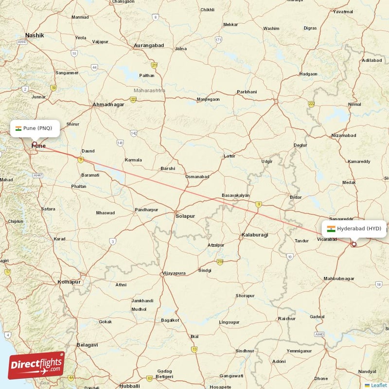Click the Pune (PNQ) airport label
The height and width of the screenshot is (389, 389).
point(35,128)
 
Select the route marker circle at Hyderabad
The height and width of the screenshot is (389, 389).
point(354,244)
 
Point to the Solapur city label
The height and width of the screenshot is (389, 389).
point(185,215)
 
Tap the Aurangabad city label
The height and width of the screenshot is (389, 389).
point(149,46)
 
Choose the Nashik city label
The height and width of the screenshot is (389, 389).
point(35,35)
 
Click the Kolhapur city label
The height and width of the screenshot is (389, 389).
point(69,282)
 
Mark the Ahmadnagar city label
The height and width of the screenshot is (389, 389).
point(108,105)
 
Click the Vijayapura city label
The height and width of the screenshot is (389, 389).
point(174,273)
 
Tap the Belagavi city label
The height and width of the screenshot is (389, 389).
point(87,345)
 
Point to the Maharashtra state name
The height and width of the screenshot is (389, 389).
point(149,90)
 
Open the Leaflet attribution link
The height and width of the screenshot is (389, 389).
point(378,385)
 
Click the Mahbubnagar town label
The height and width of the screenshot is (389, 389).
point(339,279)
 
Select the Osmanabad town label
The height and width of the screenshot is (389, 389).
point(197,177)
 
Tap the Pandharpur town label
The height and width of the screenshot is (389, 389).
point(146,210)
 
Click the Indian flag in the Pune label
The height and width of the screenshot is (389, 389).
point(18,128)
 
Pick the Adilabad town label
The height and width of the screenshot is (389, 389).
point(372,60)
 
